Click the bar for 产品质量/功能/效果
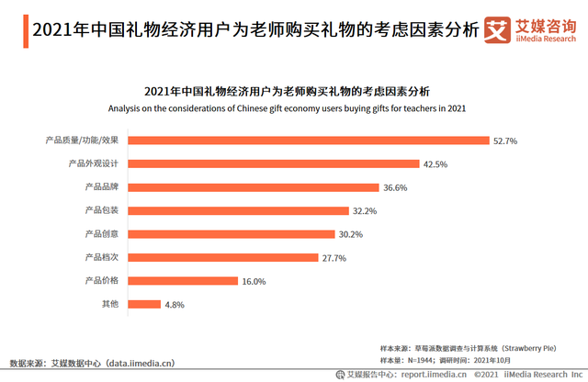pos(308,140)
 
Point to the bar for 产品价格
pos(182,280)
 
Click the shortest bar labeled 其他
pos(143,304)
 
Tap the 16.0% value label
pos(253,281)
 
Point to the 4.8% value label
pos(175,304)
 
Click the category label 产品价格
pos(101,280)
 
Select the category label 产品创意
pos(101,233)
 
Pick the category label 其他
pos(109,304)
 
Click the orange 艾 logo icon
pos(497,30)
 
